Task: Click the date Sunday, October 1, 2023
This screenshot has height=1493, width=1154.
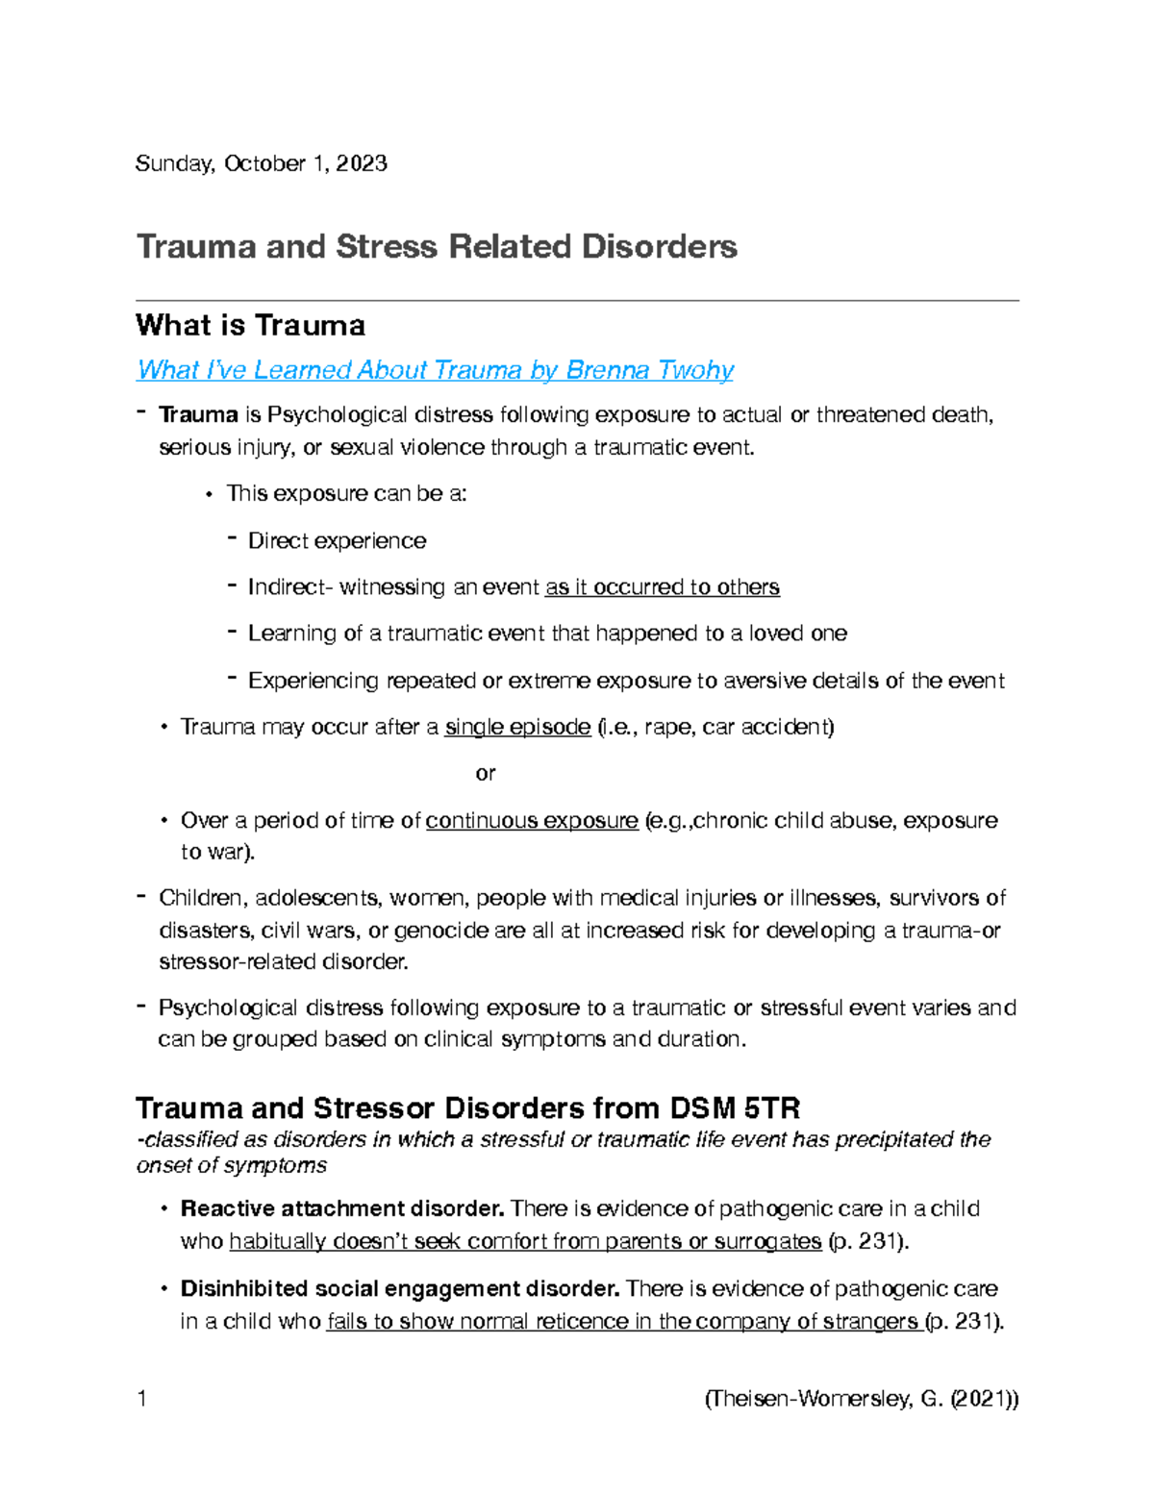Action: click(261, 163)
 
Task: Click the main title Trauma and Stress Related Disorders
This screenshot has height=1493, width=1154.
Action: click(436, 247)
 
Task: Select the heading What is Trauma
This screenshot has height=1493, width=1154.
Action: click(250, 325)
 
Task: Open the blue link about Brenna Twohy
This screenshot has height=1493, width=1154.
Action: click(435, 370)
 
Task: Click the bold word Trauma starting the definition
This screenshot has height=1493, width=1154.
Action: click(198, 414)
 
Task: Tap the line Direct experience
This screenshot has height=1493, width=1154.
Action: click(337, 540)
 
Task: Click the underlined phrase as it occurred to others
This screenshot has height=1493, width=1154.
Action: click(662, 586)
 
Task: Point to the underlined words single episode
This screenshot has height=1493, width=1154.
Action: click(517, 727)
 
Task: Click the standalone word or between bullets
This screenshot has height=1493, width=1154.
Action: click(486, 773)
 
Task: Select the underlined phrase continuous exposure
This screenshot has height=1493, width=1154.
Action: click(532, 820)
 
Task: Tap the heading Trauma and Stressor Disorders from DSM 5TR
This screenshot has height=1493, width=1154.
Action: click(467, 1108)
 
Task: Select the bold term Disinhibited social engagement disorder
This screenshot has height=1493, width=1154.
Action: click(399, 1288)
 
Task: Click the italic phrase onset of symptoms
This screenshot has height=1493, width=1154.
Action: click(231, 1165)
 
